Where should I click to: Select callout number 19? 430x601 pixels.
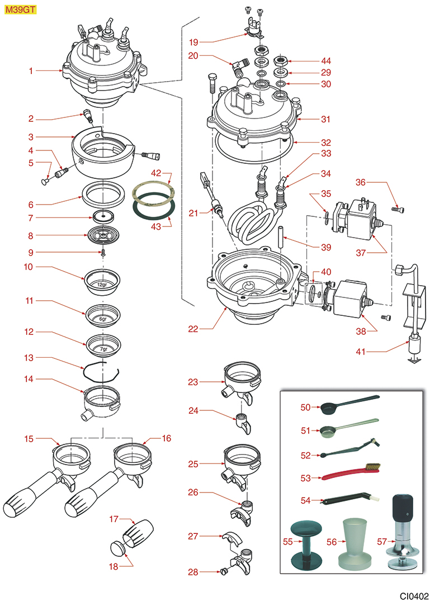pyautogui.click(x=193, y=41)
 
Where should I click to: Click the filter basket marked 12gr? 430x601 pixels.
pyautogui.click(x=101, y=280)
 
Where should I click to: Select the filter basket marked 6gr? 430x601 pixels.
pyautogui.click(x=102, y=315)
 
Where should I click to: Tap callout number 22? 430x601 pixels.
pyautogui.click(x=193, y=329)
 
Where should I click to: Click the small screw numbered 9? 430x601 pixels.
pyautogui.click(x=103, y=253)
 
